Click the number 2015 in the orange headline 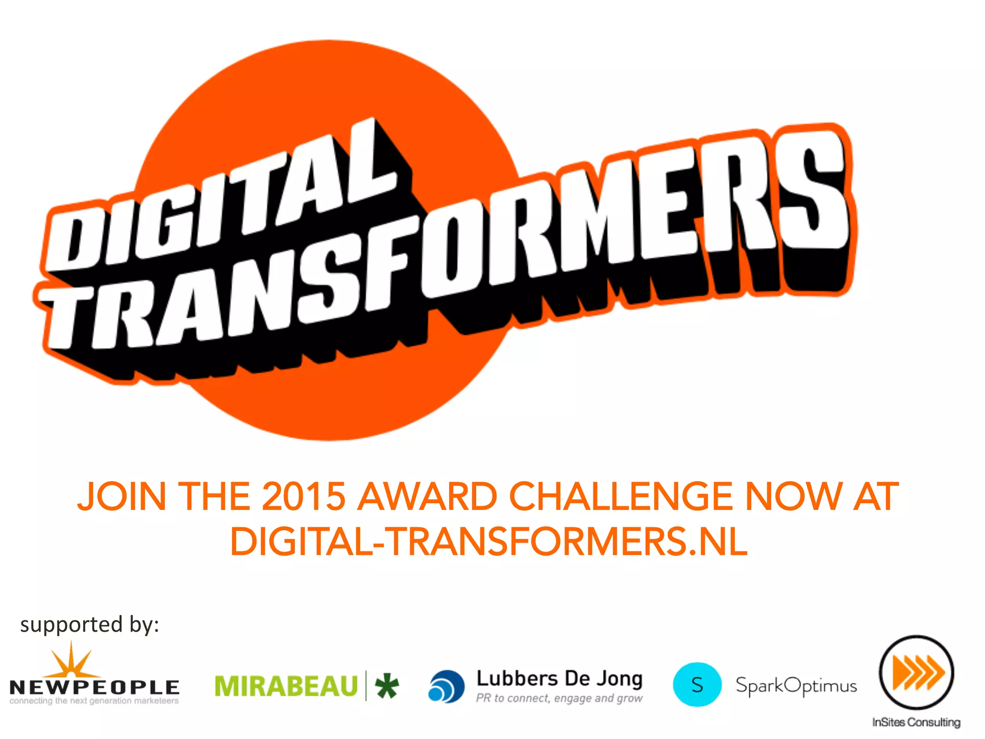pos(303,497)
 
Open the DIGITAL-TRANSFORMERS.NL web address pos(489,542)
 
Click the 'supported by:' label pos(89,625)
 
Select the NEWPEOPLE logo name pos(94,687)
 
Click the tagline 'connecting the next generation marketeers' pos(94,701)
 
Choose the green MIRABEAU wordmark pos(286,686)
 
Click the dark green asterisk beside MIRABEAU pos(387,686)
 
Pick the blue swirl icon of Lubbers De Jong pos(446,687)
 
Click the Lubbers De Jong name pos(559,678)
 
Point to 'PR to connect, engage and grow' pos(559,698)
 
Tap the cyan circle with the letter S pos(697,685)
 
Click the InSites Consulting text pos(916,723)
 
